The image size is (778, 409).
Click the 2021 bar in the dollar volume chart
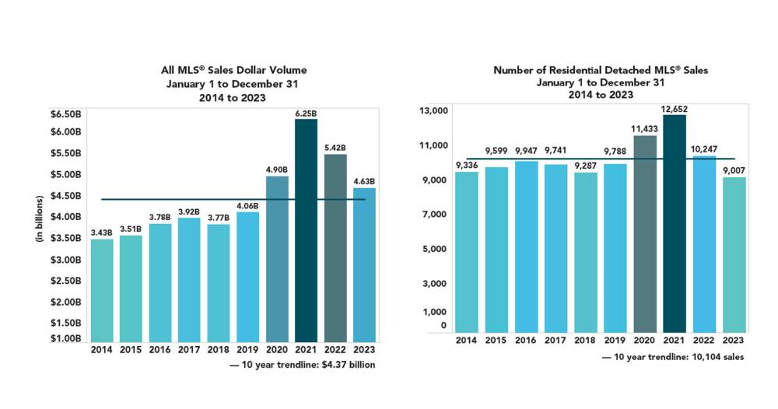306,229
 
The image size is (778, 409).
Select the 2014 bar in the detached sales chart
467,253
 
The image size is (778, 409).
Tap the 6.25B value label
306,114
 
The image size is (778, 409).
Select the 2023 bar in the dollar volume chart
364,264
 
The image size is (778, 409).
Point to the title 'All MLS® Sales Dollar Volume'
233,71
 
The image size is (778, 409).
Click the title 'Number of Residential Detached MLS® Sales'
601,70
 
